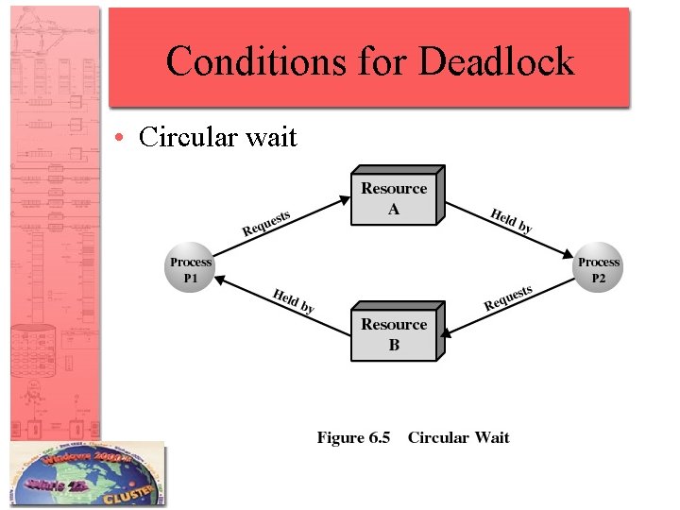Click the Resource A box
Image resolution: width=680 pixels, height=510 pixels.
[394, 198]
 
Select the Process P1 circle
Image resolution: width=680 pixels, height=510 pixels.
[191, 269]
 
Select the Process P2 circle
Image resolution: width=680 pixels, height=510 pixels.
[599, 269]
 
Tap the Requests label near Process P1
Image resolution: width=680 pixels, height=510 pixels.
[266, 224]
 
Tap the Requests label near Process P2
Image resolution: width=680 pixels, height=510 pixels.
[508, 297]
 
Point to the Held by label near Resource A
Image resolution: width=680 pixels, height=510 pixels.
[511, 220]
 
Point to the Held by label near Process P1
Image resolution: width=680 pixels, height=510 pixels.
[294, 300]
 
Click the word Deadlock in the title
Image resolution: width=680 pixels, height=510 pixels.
[496, 61]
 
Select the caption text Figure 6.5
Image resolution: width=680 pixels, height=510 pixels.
[353, 437]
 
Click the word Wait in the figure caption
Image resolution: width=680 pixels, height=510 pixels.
[492, 437]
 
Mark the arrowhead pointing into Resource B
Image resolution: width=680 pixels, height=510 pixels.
[447, 333]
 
